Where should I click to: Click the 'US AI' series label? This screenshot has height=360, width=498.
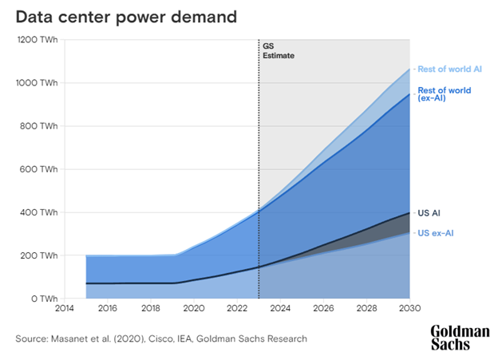429,213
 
